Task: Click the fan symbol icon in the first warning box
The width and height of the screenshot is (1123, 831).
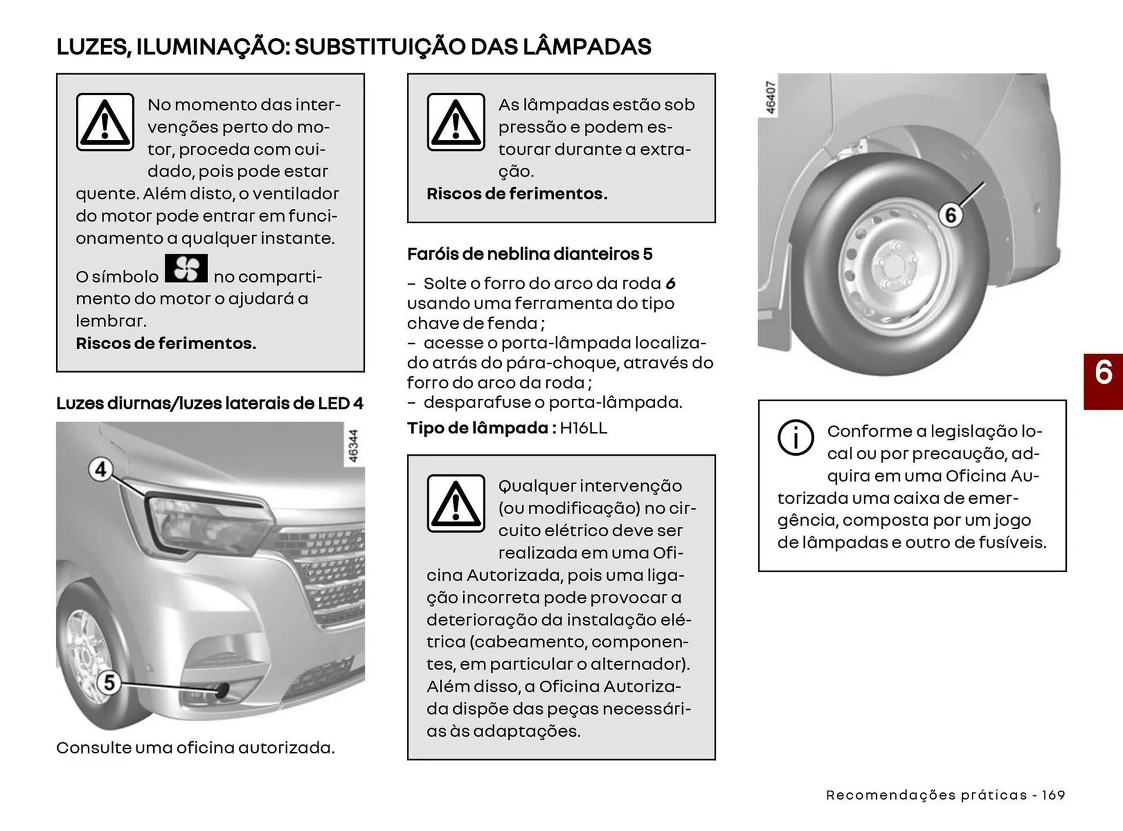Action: coord(186,268)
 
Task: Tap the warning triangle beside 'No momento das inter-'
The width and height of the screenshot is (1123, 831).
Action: coord(105,122)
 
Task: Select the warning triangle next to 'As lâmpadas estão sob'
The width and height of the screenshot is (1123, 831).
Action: coord(456,122)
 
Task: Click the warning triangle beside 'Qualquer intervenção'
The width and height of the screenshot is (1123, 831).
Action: coord(456,504)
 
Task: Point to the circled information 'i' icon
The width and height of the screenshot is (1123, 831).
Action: coord(795,437)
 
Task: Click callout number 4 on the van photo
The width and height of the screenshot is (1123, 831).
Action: coord(101,470)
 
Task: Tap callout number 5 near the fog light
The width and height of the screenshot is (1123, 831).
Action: coord(109,682)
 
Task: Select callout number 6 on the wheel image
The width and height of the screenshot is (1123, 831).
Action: coord(950,215)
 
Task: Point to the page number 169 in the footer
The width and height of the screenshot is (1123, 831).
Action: coord(1053,795)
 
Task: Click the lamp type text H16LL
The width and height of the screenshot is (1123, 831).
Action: coord(583,428)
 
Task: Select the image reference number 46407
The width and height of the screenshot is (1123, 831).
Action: coord(770,98)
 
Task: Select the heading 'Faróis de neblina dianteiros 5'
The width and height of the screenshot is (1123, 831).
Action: coord(529,254)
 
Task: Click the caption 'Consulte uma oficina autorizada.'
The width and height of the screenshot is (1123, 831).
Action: coord(195,748)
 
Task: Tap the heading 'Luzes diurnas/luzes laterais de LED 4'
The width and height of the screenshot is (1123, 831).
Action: coord(209,404)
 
